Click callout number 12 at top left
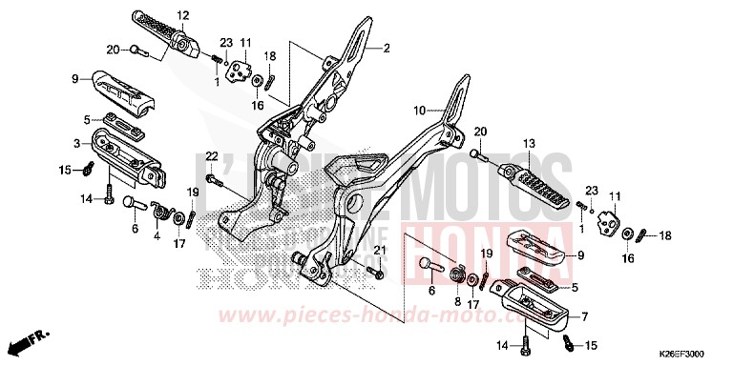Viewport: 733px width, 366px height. [x=183, y=14]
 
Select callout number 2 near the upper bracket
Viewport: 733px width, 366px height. [x=387, y=48]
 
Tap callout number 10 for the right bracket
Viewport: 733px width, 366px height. [x=418, y=111]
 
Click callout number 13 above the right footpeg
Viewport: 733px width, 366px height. [x=527, y=144]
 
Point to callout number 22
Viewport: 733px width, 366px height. [x=212, y=155]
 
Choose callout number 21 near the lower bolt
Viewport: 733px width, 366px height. [x=378, y=250]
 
